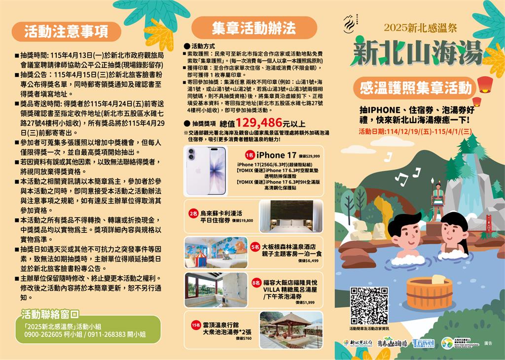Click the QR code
tap(369, 306)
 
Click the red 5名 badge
tap(255, 246)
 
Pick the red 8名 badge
tap(256, 283)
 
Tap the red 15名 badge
tap(195, 325)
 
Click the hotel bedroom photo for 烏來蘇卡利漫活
tap(291, 216)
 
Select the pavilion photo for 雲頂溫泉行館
tap(291, 329)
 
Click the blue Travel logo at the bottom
tap(423, 343)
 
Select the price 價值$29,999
tap(309, 156)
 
